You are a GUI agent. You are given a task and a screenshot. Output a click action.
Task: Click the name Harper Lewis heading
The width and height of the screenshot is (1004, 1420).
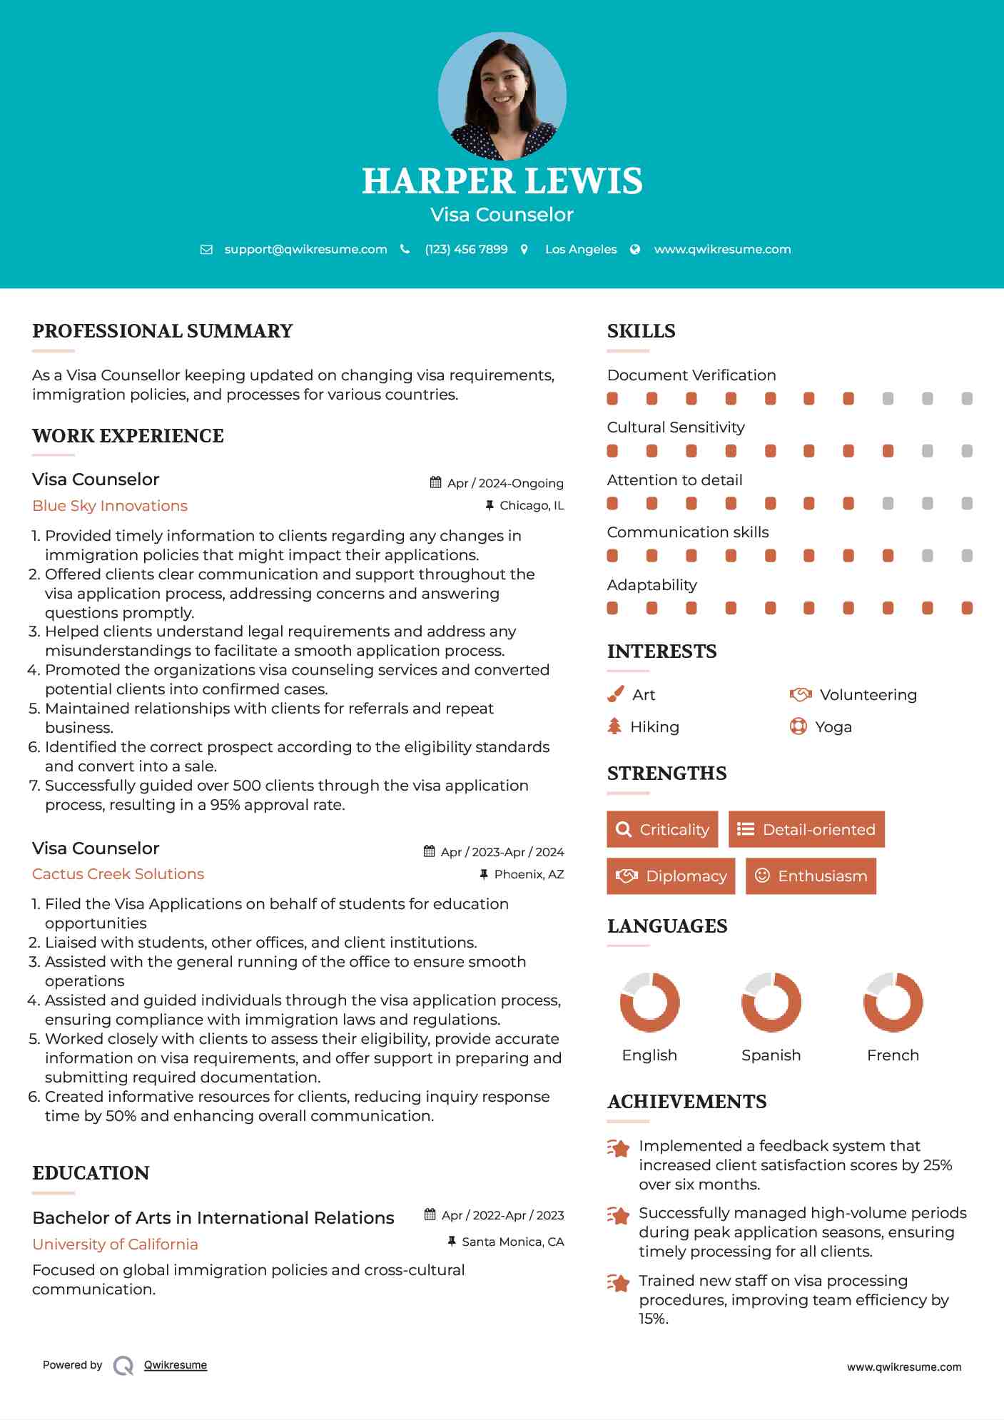click(x=502, y=181)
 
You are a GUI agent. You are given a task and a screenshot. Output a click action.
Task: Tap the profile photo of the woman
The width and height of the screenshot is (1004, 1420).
click(x=502, y=96)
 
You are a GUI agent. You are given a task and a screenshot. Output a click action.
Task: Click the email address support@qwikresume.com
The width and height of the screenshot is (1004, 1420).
click(x=305, y=249)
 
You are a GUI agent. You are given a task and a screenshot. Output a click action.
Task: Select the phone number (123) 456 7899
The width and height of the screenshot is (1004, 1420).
click(x=466, y=249)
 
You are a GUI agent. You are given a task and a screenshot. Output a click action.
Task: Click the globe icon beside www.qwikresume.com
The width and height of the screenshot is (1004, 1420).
click(x=635, y=249)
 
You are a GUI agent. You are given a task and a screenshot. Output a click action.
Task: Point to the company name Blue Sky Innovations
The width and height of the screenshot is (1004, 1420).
click(x=110, y=506)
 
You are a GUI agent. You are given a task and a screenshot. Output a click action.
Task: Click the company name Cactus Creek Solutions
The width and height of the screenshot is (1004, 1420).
click(x=118, y=874)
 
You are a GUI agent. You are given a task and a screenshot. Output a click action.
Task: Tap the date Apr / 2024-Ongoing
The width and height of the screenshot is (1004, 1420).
click(x=504, y=483)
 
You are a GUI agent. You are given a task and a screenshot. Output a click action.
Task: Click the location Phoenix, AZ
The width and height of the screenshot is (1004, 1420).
click(x=529, y=874)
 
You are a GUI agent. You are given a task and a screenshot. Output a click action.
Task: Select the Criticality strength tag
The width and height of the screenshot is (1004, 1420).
click(x=662, y=829)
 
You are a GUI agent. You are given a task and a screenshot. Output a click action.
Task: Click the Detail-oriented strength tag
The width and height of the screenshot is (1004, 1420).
click(x=806, y=829)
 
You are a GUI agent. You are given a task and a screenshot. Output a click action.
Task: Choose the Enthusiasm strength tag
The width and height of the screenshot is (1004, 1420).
click(x=811, y=876)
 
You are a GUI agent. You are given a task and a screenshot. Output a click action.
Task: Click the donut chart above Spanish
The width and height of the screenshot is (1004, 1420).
click(x=771, y=1002)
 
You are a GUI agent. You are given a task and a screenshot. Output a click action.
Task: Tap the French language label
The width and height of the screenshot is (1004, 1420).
click(x=893, y=1055)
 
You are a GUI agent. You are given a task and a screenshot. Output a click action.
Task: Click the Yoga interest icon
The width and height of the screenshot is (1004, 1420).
click(x=798, y=726)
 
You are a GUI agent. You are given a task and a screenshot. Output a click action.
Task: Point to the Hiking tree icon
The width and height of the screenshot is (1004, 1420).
click(x=614, y=726)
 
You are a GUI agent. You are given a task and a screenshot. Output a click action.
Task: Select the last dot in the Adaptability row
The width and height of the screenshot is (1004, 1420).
click(x=967, y=608)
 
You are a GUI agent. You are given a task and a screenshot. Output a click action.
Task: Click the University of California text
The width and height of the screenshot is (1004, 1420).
click(x=115, y=1244)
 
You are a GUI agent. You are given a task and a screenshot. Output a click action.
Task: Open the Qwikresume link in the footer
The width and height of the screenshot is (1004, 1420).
click(x=176, y=1365)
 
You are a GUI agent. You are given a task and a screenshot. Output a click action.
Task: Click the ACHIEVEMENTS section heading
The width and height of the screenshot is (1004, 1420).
click(x=686, y=1102)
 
